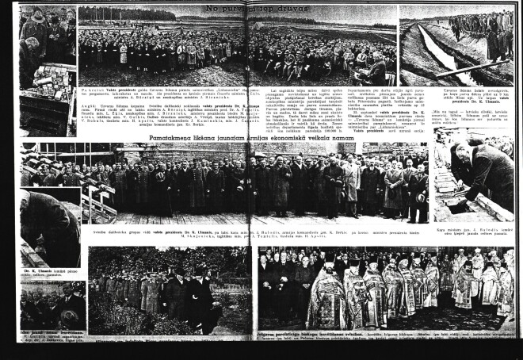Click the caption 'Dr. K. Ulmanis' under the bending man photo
point(40,272)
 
